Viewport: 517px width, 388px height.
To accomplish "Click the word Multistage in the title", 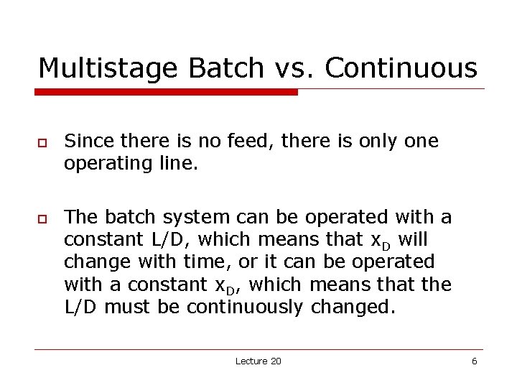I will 108,68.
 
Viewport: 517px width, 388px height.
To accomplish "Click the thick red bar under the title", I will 166,92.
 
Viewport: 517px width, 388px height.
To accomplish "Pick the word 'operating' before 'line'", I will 105,164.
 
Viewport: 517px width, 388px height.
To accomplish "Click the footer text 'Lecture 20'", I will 258,361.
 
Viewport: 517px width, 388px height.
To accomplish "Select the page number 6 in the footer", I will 474,361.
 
